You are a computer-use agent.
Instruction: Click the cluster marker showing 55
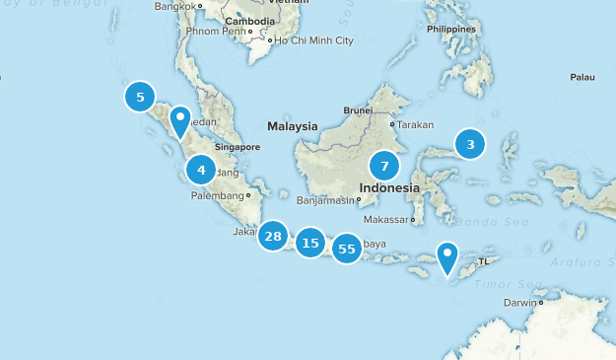click(347, 249)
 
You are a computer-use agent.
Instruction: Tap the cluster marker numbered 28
click(273, 236)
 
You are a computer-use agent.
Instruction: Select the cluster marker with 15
click(310, 243)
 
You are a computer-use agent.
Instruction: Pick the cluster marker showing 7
click(384, 166)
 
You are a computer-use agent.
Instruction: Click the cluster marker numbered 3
click(470, 145)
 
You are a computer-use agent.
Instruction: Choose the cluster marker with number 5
click(140, 97)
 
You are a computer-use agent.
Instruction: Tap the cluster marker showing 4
click(201, 171)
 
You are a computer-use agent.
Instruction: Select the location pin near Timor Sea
click(447, 257)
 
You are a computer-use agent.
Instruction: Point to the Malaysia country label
click(293, 126)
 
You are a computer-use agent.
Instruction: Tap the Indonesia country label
click(389, 187)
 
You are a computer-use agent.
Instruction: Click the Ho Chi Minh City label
click(313, 40)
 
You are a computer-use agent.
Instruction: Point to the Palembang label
click(217, 195)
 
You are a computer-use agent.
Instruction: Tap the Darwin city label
click(522, 303)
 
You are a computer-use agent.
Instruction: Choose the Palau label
click(582, 77)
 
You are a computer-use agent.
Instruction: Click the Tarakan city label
click(415, 125)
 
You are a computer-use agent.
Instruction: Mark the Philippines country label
click(451, 30)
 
